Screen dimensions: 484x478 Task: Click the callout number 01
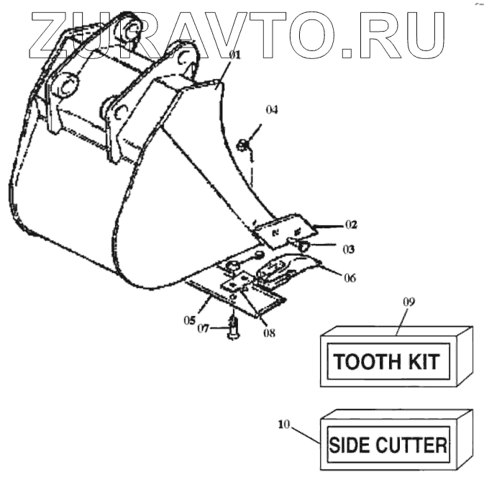pos(235,55)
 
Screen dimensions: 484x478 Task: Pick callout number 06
pos(350,278)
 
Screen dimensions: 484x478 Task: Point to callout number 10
pos(285,424)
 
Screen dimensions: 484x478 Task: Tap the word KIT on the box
pos(422,360)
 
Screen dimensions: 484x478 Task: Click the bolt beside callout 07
pos(233,328)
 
